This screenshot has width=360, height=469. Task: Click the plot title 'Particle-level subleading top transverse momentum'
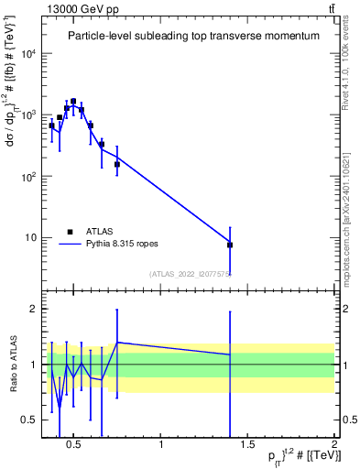[x=193, y=36]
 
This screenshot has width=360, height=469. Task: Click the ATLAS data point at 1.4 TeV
[x=230, y=245]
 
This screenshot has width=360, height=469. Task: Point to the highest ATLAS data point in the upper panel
[x=73, y=102]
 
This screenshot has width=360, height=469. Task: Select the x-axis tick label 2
[x=333, y=445]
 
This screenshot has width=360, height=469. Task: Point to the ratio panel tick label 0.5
[x=27, y=420]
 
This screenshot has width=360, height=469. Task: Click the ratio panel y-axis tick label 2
[x=32, y=309]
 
